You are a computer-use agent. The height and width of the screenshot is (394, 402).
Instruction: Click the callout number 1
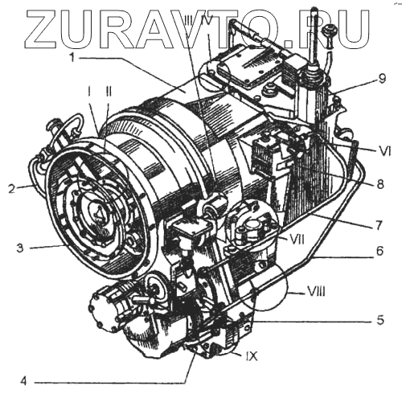[72, 57]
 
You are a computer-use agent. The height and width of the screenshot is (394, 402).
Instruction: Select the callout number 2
[12, 189]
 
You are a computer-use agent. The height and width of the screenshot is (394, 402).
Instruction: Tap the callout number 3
[20, 248]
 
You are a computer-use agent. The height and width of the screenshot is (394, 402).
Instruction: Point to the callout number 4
[23, 382]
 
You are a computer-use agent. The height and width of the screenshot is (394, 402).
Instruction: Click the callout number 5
[379, 320]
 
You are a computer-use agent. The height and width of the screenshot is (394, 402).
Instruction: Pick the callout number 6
[379, 251]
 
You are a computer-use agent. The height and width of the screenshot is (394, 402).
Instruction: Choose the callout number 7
[379, 225]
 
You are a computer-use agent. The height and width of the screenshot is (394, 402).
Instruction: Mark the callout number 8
[380, 184]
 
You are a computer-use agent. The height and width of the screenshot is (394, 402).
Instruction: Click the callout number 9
[382, 79]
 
